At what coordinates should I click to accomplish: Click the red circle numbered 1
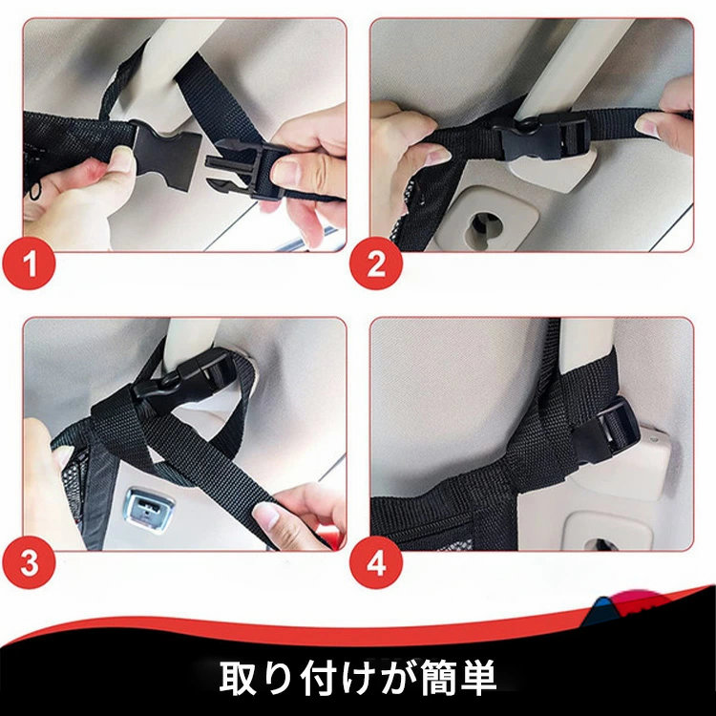(x=29, y=263)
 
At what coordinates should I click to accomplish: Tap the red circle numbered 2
(x=376, y=263)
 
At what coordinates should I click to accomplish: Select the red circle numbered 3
(x=29, y=562)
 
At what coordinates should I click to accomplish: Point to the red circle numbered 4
(x=376, y=562)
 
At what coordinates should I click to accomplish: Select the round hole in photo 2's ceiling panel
(x=484, y=227)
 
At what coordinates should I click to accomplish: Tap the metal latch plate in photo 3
(x=147, y=509)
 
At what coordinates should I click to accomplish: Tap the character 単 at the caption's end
(x=478, y=678)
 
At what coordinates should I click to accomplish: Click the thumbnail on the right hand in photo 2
(x=644, y=126)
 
